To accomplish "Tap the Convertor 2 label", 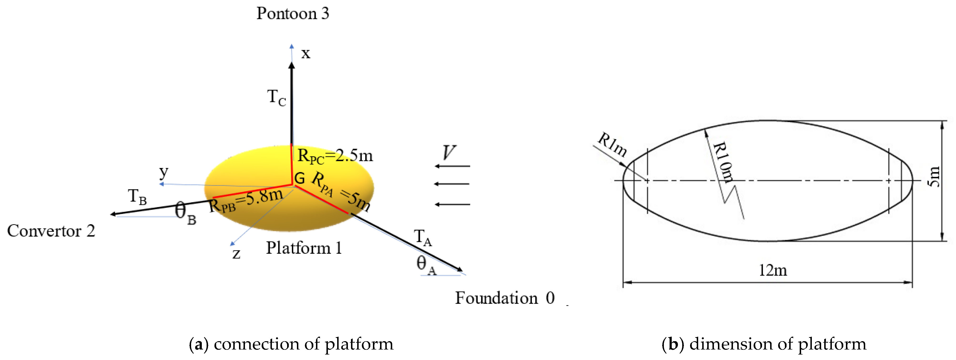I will [51, 231].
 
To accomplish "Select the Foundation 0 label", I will [505, 298].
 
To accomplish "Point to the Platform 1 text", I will [304, 248].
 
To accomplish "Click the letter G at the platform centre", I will [300, 178].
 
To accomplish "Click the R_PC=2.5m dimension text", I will [335, 156].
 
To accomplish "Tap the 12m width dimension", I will [773, 270].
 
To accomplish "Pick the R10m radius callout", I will [724, 162].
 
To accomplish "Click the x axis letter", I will [305, 54].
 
